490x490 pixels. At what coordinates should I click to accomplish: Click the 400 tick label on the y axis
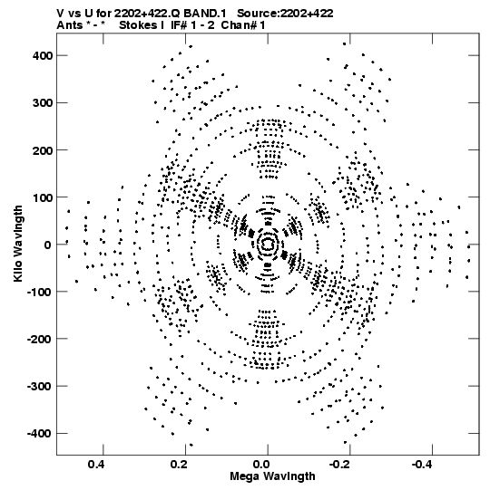[43, 55]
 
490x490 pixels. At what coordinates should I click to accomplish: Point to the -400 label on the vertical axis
[39, 434]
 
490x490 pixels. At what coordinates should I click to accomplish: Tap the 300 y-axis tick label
[43, 103]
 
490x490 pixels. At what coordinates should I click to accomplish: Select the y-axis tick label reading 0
[47, 245]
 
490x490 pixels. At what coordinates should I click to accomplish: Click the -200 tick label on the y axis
[39, 339]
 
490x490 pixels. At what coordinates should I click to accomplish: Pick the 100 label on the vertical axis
[43, 197]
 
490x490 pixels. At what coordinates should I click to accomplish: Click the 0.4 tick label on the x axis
[96, 465]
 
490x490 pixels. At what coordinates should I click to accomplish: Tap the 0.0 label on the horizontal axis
[261, 465]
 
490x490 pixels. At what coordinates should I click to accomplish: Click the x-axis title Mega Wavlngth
[272, 476]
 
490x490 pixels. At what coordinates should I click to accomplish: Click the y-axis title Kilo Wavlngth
[18, 245]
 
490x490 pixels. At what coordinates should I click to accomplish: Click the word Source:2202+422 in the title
[285, 14]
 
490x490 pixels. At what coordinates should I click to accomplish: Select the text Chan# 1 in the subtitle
[243, 25]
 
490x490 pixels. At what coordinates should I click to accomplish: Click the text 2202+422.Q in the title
[147, 14]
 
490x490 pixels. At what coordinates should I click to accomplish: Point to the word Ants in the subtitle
[70, 25]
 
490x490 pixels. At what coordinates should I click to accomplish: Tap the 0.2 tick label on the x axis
[179, 465]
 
